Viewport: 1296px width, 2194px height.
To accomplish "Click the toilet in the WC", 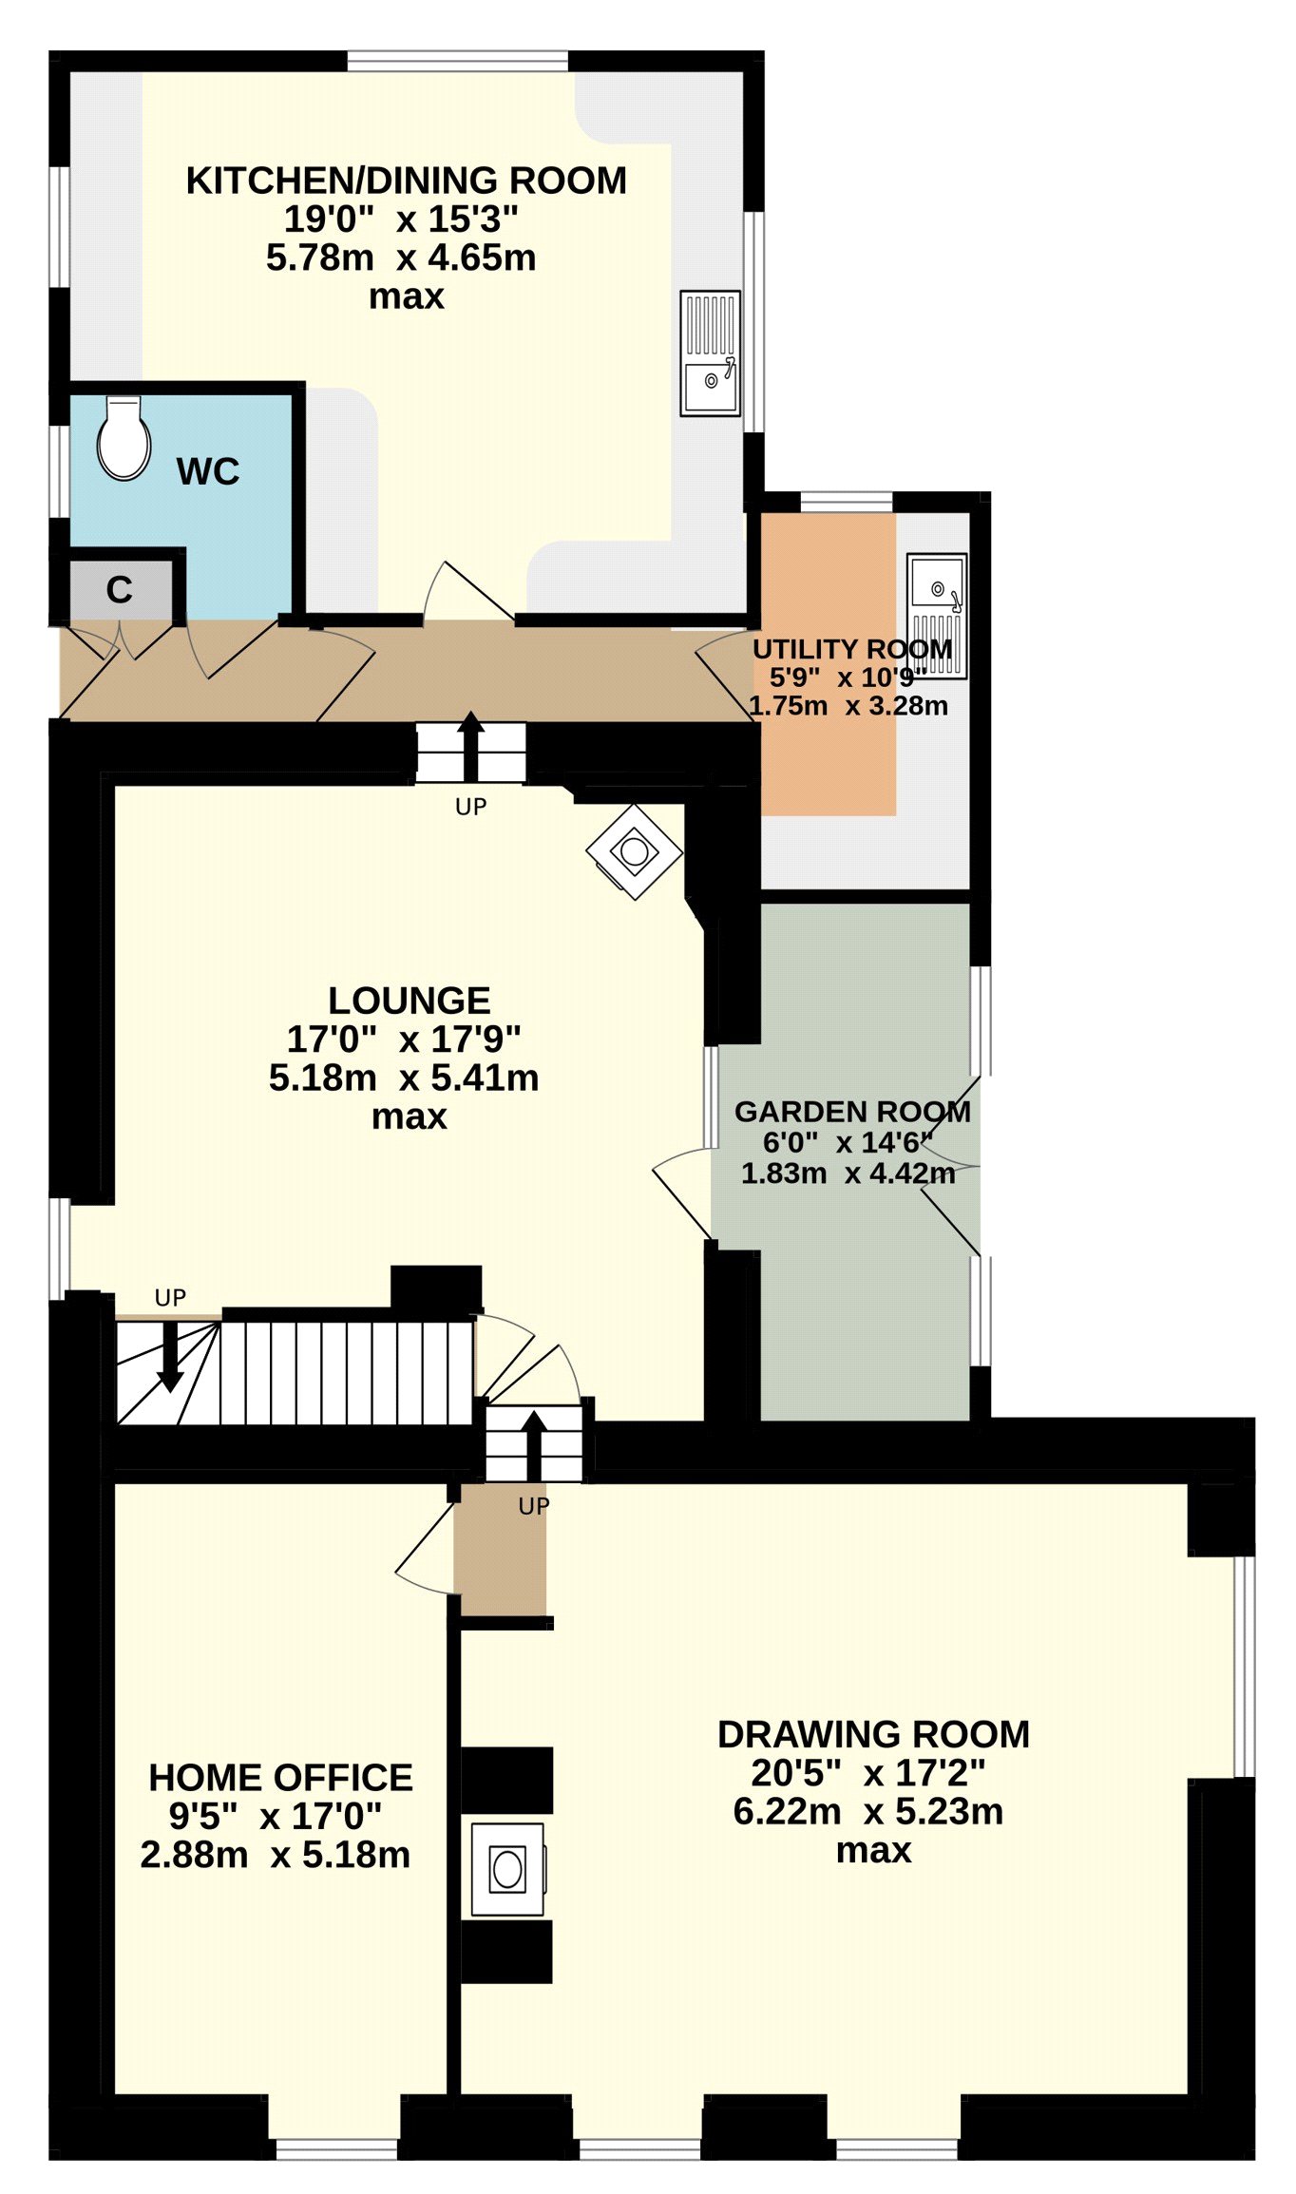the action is click(124, 438).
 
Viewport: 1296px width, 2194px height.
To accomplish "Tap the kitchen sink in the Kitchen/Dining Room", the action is click(710, 353).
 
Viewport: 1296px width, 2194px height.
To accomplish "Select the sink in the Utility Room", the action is click(937, 616).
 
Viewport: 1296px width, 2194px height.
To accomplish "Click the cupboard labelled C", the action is click(121, 589).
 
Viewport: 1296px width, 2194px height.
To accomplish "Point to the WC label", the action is click(208, 471).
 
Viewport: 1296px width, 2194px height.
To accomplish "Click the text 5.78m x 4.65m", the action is click(401, 258).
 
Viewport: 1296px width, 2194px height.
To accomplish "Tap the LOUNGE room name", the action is click(410, 1001).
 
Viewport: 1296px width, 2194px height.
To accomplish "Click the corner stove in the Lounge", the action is click(634, 851).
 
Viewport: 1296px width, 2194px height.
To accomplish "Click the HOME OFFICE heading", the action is click(281, 1777).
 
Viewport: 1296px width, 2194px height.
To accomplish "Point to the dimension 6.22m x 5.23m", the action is click(868, 1811).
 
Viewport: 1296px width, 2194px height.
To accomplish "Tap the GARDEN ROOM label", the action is click(853, 1112).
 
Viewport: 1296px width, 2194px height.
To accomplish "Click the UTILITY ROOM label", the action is click(852, 649).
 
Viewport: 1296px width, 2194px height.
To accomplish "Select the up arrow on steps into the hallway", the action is click(470, 747).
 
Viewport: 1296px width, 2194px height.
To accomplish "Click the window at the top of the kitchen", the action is click(458, 62).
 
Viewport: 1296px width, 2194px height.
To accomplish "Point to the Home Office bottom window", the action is click(336, 2148).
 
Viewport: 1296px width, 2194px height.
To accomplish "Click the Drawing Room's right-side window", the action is click(1244, 1666).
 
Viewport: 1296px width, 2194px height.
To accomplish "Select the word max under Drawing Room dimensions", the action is click(874, 1850).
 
